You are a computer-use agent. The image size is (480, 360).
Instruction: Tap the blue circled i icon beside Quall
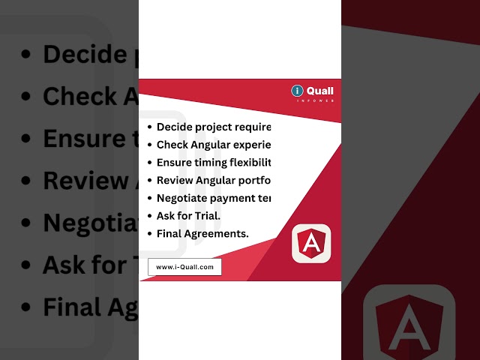(298, 91)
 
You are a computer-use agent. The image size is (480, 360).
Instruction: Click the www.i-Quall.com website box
(184, 266)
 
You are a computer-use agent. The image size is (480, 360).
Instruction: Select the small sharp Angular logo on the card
(310, 244)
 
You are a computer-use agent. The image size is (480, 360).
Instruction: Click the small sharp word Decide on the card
(174, 127)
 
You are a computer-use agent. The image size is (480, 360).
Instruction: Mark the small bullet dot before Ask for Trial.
(151, 216)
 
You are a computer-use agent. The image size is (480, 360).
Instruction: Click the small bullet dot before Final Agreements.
(151, 234)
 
